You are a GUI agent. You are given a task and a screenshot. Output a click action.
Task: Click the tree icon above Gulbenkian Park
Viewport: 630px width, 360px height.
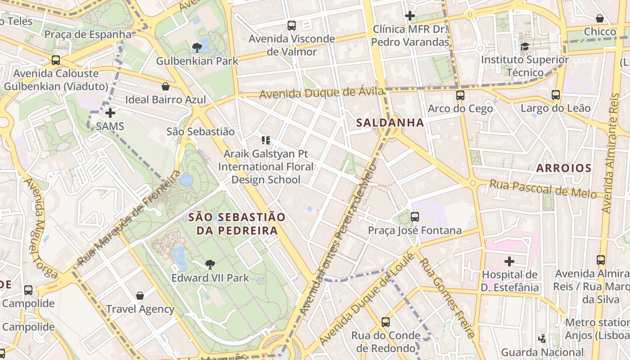[x=197, y=47]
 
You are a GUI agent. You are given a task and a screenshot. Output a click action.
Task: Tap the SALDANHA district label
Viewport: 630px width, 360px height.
[x=390, y=122]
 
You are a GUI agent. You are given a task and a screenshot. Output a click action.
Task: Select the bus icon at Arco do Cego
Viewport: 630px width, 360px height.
[x=460, y=95]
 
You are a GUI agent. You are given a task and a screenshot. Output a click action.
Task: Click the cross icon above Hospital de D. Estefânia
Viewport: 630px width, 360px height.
[x=509, y=261]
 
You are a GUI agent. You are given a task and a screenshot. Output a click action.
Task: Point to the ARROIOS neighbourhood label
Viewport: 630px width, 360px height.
[x=564, y=168]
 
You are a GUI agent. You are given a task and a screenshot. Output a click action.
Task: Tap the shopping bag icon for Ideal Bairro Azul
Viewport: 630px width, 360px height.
[x=166, y=86]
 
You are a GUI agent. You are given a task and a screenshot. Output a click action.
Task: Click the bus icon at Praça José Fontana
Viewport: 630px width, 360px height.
[x=414, y=217]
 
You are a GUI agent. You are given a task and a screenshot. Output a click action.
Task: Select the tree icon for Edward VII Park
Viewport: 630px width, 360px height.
[x=210, y=265]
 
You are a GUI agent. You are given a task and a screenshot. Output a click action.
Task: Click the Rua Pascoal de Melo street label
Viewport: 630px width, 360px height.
[x=543, y=189]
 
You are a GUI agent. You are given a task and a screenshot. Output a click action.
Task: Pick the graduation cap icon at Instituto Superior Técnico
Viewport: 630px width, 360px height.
[x=525, y=46]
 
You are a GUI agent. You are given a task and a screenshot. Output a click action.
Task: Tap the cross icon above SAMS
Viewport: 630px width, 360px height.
[x=110, y=113]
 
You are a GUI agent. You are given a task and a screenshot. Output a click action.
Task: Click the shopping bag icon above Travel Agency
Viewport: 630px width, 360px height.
[x=140, y=296]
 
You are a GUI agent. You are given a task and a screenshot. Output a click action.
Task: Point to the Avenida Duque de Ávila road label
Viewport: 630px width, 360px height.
[x=321, y=93]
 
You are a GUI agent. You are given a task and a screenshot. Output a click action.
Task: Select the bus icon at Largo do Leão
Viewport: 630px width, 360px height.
[x=555, y=95]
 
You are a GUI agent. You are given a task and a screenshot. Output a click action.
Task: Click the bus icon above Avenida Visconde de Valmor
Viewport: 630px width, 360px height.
[x=292, y=26]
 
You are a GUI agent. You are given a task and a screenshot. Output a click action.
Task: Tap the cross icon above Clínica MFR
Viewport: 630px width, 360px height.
[x=409, y=16]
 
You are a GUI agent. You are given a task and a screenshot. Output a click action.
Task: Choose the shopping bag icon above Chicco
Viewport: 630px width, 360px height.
[x=600, y=18]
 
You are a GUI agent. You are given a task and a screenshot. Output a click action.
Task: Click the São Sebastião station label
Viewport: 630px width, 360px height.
[x=200, y=131]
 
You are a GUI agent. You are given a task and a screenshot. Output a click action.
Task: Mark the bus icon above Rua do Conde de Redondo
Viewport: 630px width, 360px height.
[x=386, y=322]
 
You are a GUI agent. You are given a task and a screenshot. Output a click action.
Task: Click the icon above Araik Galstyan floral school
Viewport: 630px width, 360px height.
[x=265, y=140]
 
